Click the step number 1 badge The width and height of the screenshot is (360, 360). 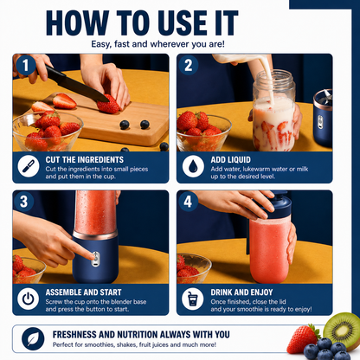pyautogui.click(x=26, y=65)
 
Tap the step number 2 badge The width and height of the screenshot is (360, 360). pyautogui.click(x=189, y=65)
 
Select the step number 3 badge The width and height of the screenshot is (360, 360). pyautogui.click(x=24, y=202)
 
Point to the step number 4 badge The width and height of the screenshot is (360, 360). pyautogui.click(x=188, y=202)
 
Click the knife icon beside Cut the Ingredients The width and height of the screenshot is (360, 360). pyautogui.click(x=29, y=166)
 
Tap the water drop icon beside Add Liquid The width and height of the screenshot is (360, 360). pyautogui.click(x=193, y=166)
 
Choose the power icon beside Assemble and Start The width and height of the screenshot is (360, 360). pyautogui.click(x=29, y=299)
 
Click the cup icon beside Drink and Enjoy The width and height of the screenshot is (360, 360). pyautogui.click(x=193, y=299)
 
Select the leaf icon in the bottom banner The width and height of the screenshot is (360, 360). pyautogui.click(x=33, y=338)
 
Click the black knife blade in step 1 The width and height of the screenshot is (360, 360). pyautogui.click(x=75, y=84)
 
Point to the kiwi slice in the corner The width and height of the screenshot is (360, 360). pyautogui.click(x=343, y=331)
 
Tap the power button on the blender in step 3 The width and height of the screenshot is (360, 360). pyautogui.click(x=95, y=259)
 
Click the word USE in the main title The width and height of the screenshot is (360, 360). pyautogui.click(x=183, y=23)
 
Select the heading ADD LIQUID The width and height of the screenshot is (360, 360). pyautogui.click(x=230, y=160)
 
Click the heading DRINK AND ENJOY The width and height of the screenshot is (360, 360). pyautogui.click(x=241, y=292)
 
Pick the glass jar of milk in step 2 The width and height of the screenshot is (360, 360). pyautogui.click(x=273, y=111)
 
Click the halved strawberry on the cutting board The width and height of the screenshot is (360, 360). pyautogui.click(x=64, y=101)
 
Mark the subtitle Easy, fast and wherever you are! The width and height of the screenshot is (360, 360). pyautogui.click(x=157, y=44)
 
